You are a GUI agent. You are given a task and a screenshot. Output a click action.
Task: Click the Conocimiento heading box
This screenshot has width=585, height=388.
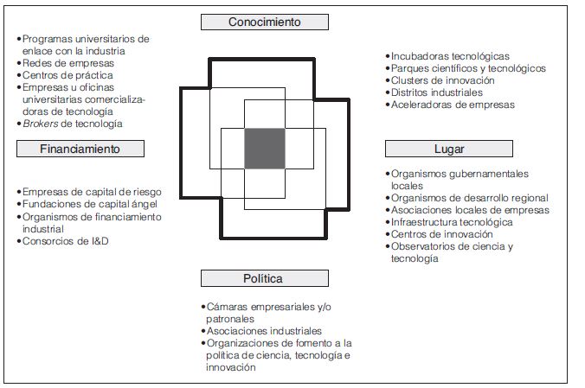(265, 22)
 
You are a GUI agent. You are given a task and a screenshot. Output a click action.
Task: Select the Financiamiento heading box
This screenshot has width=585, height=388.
(80, 149)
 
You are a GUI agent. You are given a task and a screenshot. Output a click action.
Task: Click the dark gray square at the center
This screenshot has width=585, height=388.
(264, 148)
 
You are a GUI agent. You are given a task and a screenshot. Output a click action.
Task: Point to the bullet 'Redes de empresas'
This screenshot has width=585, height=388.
(68, 63)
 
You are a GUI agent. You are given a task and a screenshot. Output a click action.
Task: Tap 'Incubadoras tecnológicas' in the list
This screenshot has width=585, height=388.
(450, 56)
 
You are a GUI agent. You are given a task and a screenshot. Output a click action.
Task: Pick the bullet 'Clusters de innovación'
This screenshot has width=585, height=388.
(443, 80)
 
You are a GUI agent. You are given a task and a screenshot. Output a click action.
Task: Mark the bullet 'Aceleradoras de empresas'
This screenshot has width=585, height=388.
(453, 105)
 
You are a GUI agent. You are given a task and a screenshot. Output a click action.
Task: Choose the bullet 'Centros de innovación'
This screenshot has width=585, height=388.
(442, 234)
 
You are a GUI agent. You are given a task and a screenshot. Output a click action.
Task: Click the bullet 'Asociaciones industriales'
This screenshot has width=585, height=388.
(265, 331)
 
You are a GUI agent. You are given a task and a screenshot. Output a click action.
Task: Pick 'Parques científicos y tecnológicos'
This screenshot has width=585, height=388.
(468, 68)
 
